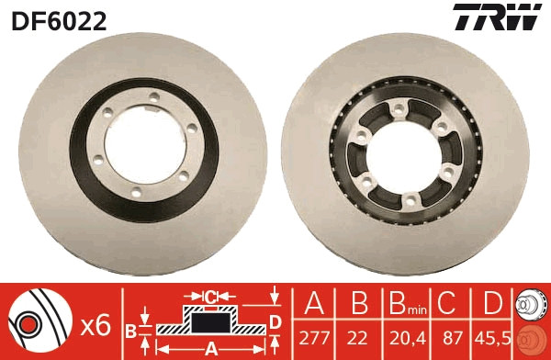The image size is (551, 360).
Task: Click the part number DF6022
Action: point(59,21)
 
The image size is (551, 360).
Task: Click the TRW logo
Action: point(497,17)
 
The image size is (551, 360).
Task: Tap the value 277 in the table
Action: point(314,338)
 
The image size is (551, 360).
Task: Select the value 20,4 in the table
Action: point(408,338)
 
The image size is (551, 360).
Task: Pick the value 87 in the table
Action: point(452,338)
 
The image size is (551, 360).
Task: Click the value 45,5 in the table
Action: point(492,338)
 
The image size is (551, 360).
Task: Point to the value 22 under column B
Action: point(358,338)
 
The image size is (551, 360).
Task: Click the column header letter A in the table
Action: point(314,303)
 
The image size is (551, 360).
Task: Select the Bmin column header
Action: point(408,304)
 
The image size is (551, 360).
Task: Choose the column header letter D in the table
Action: point(492,303)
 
